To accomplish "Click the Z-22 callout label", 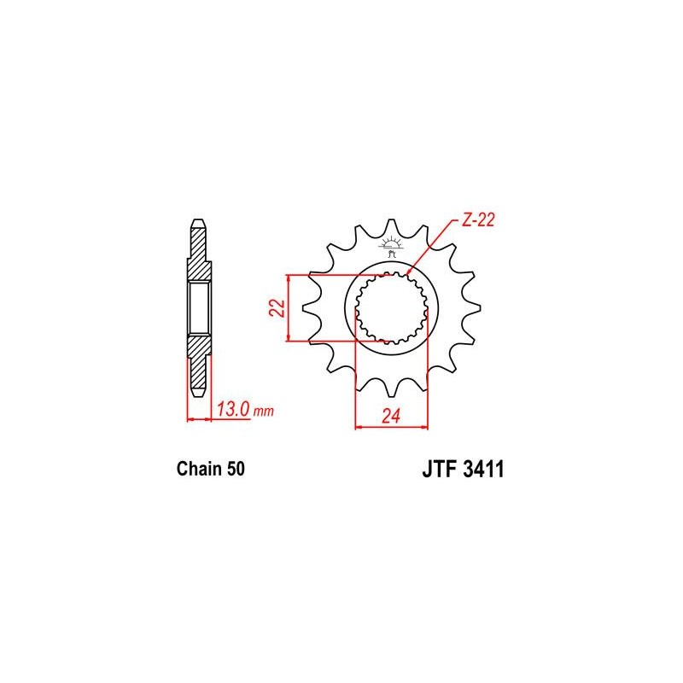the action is pos(478,220).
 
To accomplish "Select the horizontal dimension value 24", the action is pos(391,417).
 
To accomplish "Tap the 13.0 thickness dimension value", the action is pos(233,410).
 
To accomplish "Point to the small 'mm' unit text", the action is pos(264,412).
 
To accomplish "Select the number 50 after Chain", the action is pos(236,469).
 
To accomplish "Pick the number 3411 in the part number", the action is pos(483,469).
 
